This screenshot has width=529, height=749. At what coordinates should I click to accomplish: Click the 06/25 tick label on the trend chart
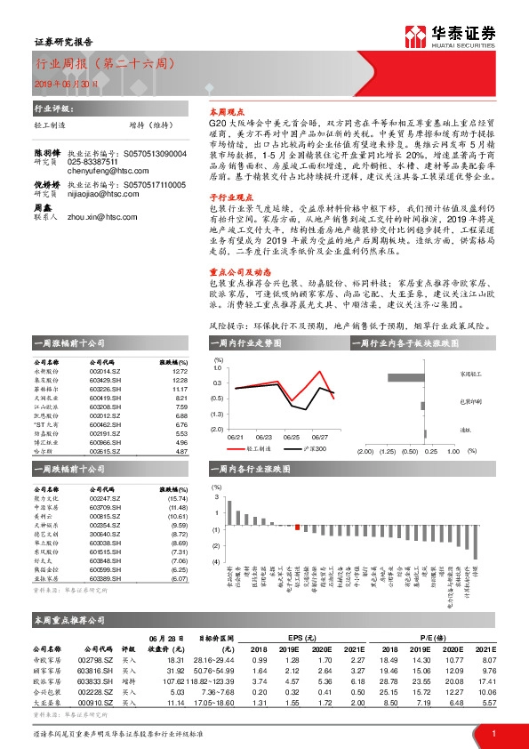click(x=292, y=438)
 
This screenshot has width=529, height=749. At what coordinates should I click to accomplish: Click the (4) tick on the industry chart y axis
click(x=215, y=562)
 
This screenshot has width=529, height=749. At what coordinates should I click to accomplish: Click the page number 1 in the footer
click(x=493, y=733)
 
